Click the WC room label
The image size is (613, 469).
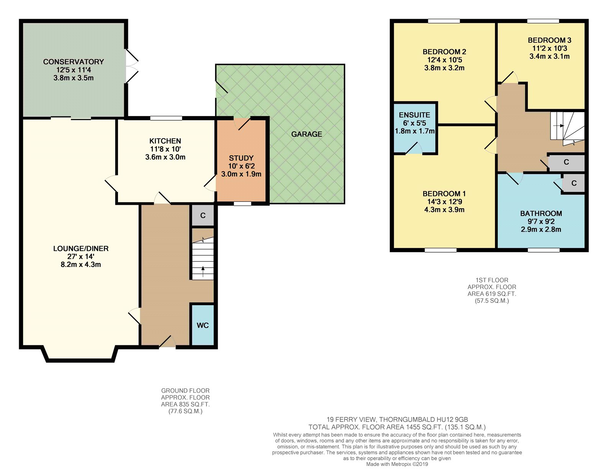pyautogui.click(x=203, y=325)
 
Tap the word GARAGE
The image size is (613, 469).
pyautogui.click(x=306, y=134)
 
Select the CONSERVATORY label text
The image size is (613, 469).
pyautogui.click(x=73, y=62)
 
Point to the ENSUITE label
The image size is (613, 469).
pyautogui.click(x=415, y=115)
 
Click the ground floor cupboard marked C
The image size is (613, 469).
pyautogui.click(x=203, y=216)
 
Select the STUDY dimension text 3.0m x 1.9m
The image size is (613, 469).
pyautogui.click(x=241, y=174)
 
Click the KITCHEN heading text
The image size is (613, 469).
pyautogui.click(x=165, y=141)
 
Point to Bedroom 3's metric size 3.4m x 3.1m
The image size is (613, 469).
pyautogui.click(x=549, y=56)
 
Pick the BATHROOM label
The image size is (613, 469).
pyautogui.click(x=541, y=214)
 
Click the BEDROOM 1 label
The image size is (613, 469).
pyautogui.click(x=444, y=194)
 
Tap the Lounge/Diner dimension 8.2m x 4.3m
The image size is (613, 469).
pyautogui.click(x=81, y=265)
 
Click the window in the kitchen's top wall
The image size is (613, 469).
pyautogui.click(x=166, y=118)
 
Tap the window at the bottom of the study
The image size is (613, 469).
pyautogui.click(x=243, y=204)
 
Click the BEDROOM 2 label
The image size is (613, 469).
pyautogui.click(x=444, y=52)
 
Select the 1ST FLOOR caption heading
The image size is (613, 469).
pyautogui.click(x=492, y=280)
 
